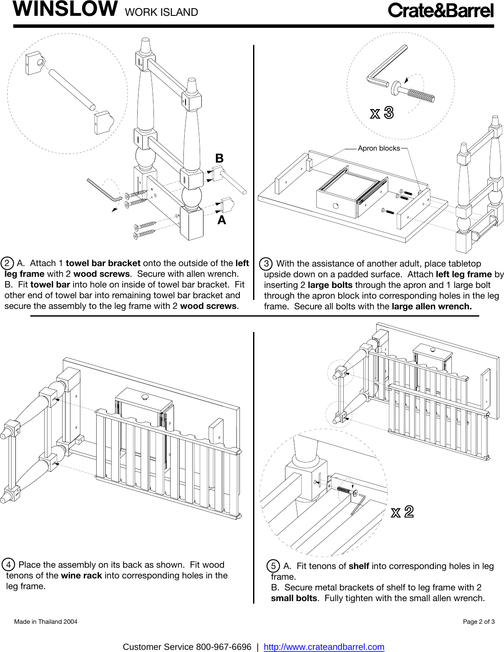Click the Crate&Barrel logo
[x=441, y=11]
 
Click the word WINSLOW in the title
[x=65, y=9]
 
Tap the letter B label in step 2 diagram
[x=219, y=158]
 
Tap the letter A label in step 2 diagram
[x=221, y=220]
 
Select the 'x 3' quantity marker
[x=382, y=113]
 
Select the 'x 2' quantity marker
[x=402, y=512]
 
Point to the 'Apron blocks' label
[x=379, y=148]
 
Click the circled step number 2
[x=7, y=263]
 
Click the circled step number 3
[x=266, y=264]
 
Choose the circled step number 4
[x=9, y=564]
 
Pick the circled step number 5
[x=274, y=566]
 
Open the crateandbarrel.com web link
[x=324, y=647]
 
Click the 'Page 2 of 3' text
[x=478, y=622]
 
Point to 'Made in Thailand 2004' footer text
[x=46, y=622]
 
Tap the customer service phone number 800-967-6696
[x=224, y=647]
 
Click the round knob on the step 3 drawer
[x=336, y=206]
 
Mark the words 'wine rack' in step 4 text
[x=81, y=575]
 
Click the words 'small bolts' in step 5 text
[x=294, y=598]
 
